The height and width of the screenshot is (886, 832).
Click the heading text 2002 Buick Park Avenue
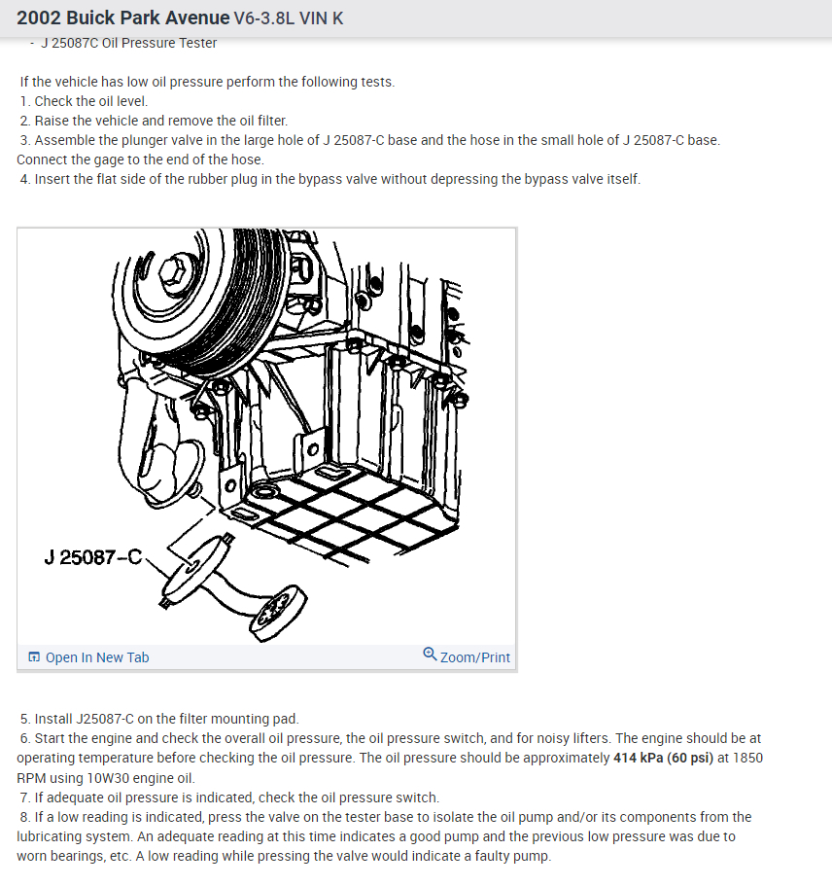pyautogui.click(x=121, y=18)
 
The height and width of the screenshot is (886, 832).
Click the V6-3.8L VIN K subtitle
pyautogui.click(x=289, y=18)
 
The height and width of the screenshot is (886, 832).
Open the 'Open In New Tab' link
pyautogui.click(x=97, y=657)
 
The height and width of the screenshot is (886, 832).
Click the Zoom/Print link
pyautogui.click(x=474, y=657)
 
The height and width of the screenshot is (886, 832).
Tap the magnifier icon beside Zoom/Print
pyautogui.click(x=430, y=655)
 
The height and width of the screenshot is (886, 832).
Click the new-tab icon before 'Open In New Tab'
pyautogui.click(x=34, y=657)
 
